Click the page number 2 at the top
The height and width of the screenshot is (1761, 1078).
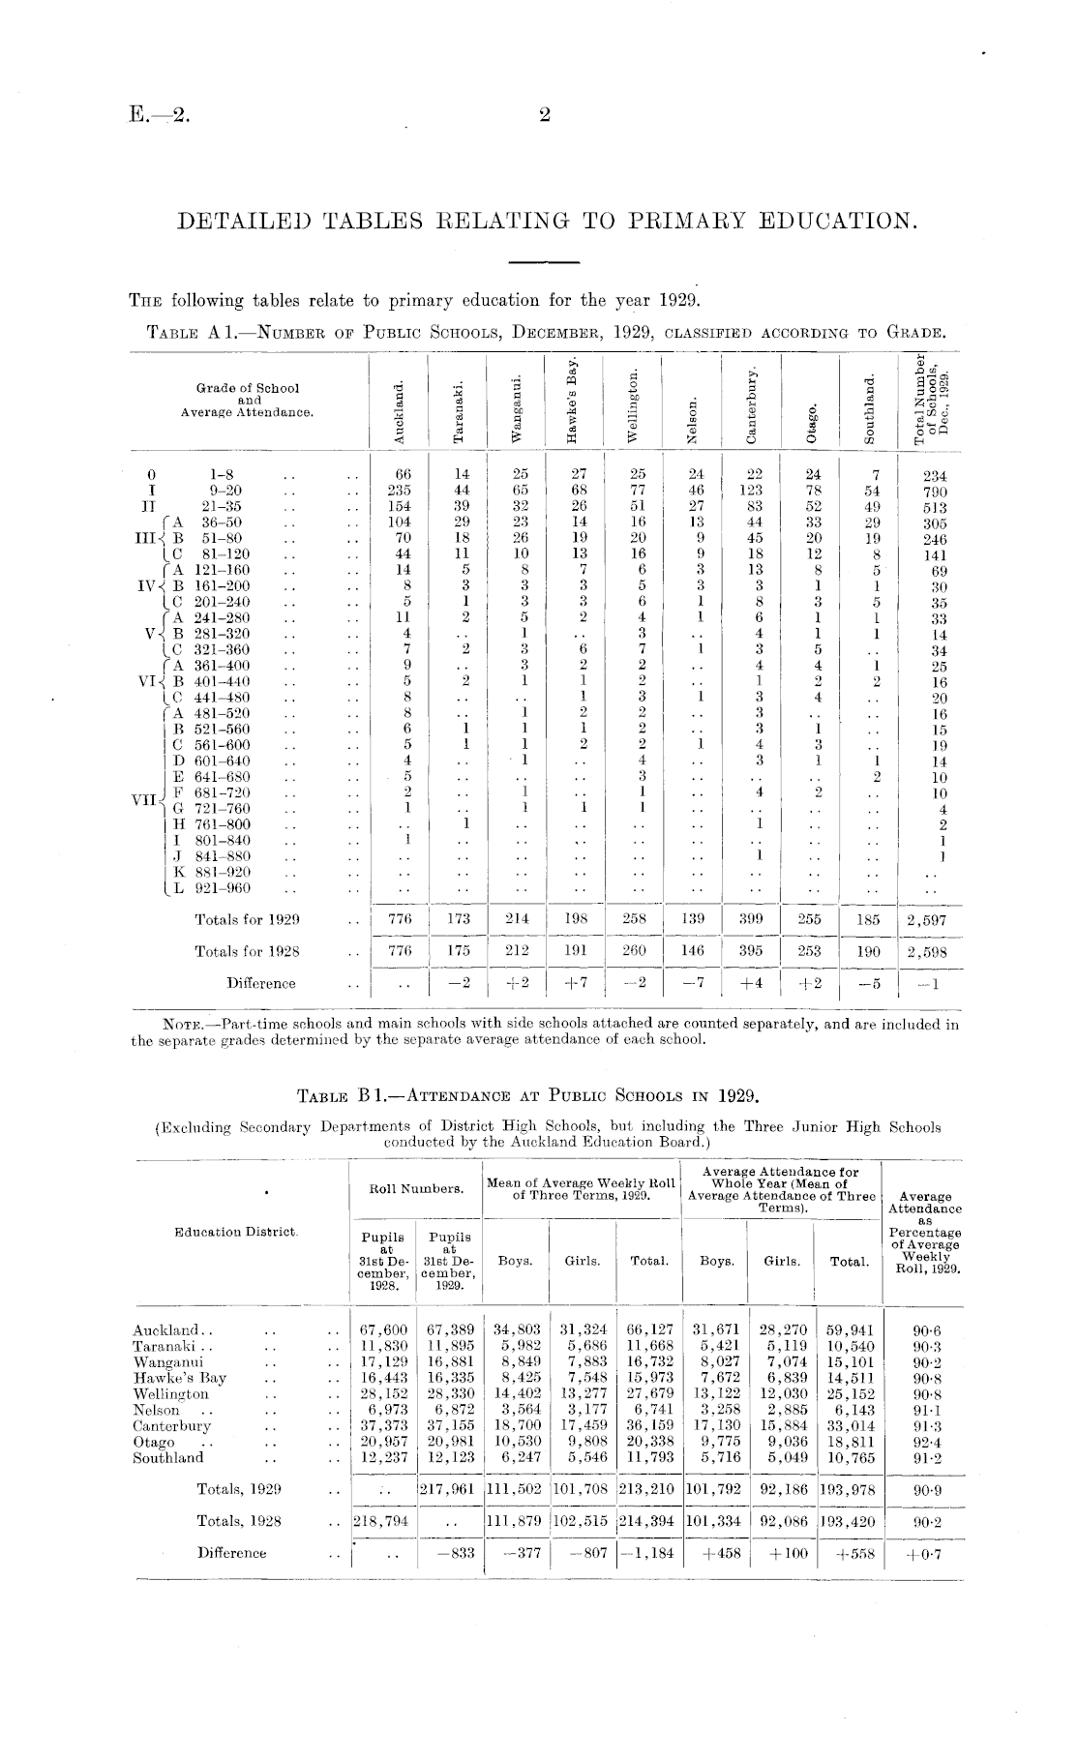click(x=544, y=116)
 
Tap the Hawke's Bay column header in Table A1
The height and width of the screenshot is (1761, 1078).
click(x=573, y=400)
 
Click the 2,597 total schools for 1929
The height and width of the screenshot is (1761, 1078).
click(x=927, y=920)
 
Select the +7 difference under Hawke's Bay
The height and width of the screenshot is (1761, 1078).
click(x=576, y=983)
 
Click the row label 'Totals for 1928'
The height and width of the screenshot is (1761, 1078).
click(x=247, y=952)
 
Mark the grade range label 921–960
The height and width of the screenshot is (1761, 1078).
click(x=223, y=888)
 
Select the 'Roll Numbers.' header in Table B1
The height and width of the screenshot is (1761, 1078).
click(x=414, y=1188)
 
